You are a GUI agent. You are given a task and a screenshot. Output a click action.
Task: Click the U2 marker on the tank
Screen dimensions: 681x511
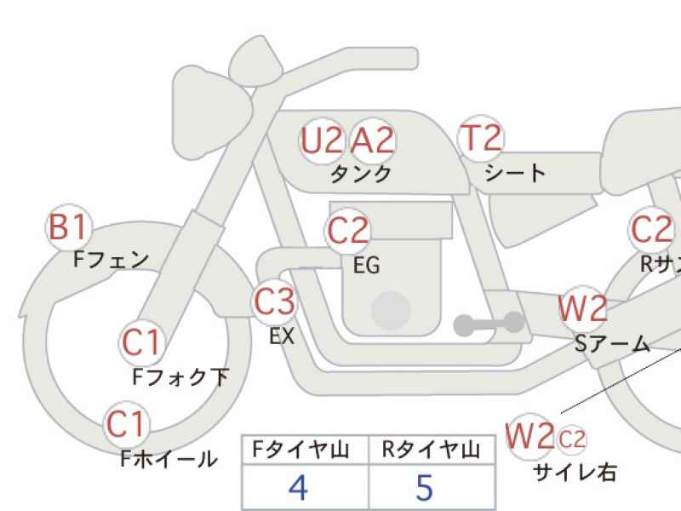(322, 141)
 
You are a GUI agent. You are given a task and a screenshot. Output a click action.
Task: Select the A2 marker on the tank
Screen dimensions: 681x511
(372, 141)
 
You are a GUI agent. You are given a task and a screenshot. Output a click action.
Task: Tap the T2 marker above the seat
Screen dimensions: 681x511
(481, 138)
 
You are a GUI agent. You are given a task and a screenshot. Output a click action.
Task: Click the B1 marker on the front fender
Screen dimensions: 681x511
(69, 227)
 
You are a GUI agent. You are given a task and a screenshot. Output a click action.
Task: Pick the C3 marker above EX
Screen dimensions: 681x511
(274, 301)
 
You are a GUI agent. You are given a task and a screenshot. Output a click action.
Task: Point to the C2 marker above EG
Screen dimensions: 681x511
(347, 231)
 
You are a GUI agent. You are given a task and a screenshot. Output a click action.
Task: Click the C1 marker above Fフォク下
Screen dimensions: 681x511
(141, 342)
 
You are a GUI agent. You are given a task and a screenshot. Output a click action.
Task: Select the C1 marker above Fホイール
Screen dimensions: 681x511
(126, 424)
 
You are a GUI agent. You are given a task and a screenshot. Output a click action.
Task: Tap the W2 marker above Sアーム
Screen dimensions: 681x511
(582, 308)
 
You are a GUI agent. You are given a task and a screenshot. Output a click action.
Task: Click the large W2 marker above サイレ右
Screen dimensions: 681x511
(529, 436)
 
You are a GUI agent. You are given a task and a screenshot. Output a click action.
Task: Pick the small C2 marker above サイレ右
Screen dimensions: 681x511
(571, 439)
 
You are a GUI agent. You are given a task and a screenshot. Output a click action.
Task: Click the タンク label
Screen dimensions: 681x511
(361, 175)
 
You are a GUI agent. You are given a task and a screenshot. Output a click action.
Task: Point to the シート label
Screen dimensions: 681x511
(515, 173)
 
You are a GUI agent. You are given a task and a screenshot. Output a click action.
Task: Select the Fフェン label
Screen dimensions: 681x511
(112, 260)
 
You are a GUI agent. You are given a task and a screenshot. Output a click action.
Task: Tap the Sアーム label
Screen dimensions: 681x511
(612, 344)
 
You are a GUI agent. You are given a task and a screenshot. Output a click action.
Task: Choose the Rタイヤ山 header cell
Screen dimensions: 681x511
(432, 450)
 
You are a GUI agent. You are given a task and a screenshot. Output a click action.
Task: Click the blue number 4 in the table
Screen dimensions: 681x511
(299, 487)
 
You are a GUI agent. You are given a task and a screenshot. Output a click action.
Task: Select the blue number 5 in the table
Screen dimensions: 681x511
(424, 487)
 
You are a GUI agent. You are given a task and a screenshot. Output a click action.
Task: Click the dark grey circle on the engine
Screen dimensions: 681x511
(391, 311)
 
